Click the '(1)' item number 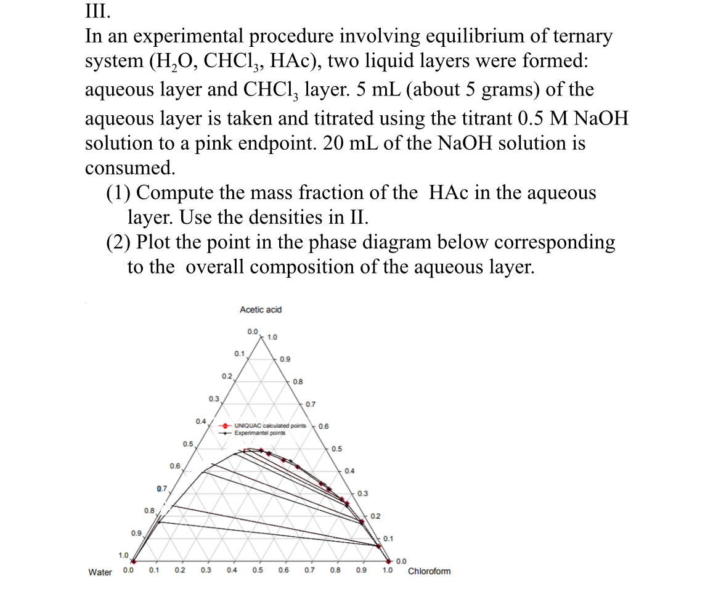tap(119, 193)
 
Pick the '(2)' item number tap(119, 242)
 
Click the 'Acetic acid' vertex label tap(261, 309)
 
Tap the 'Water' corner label tap(100, 572)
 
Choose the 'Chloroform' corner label tap(429, 571)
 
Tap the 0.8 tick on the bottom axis tap(335, 570)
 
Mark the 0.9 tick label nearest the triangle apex tap(285, 359)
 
